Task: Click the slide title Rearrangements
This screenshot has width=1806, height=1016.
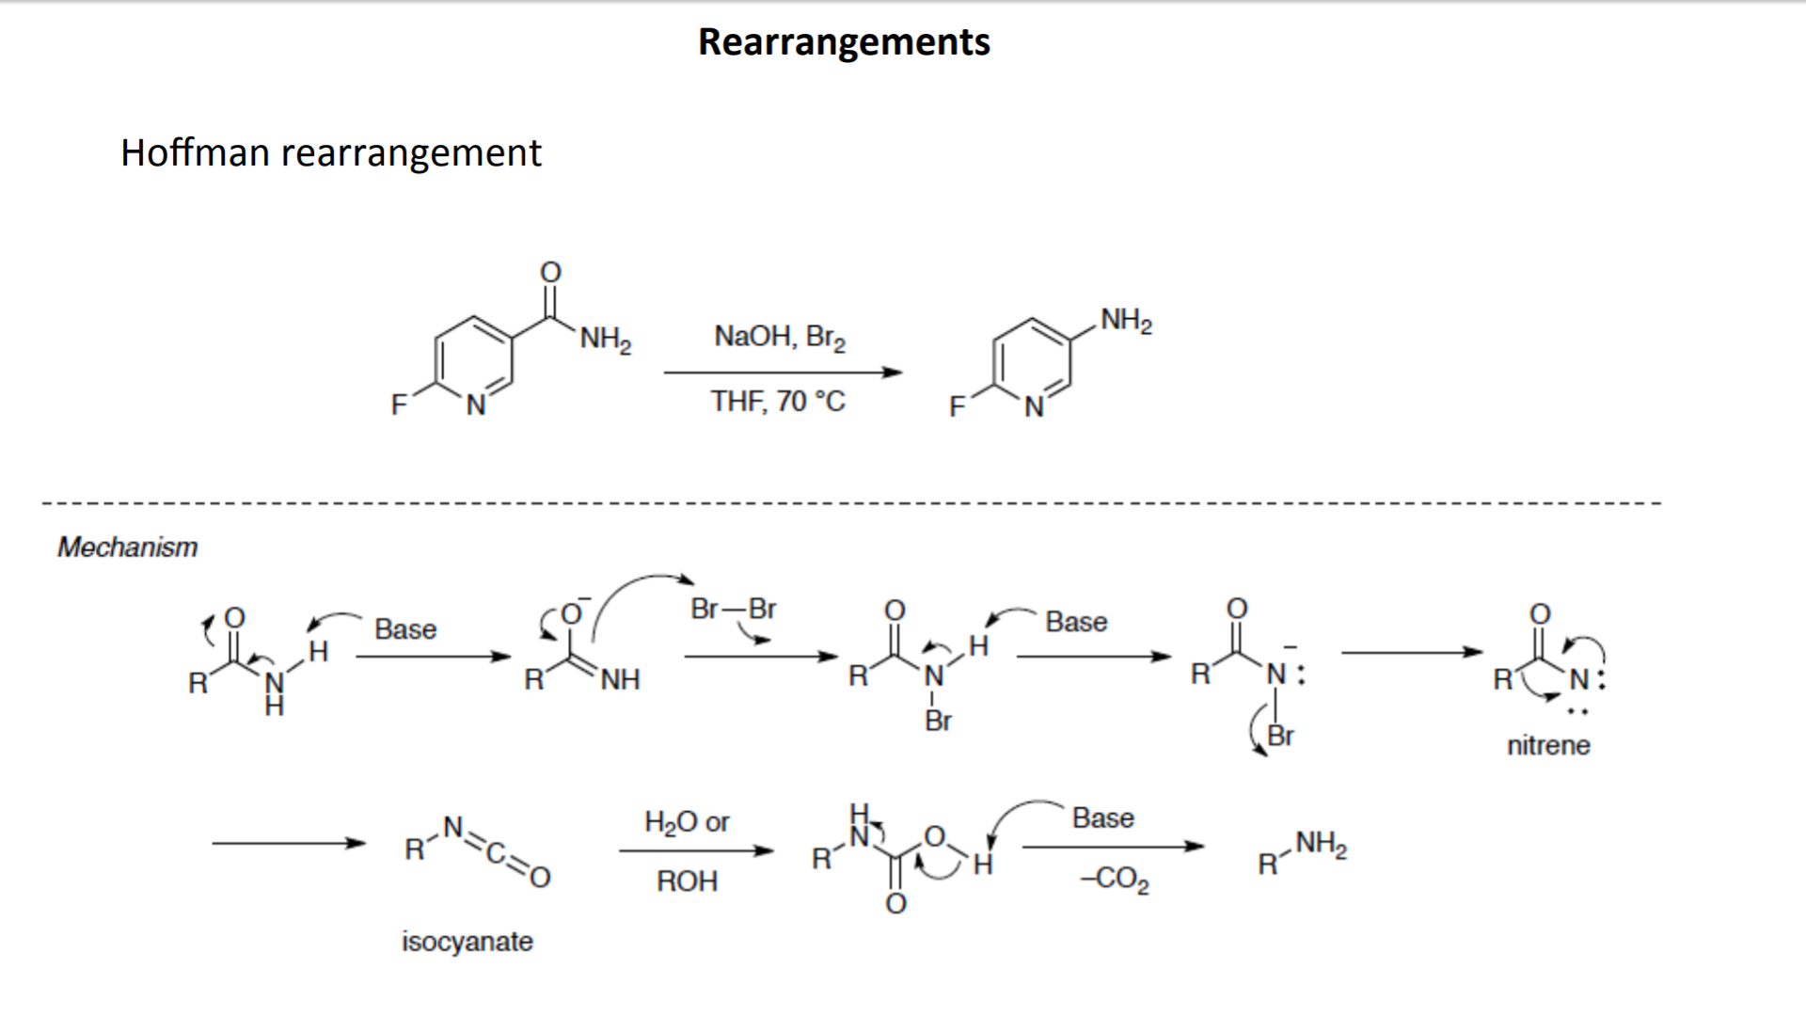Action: pyautogui.click(x=844, y=42)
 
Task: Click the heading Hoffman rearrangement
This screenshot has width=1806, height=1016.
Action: pyautogui.click(x=330, y=152)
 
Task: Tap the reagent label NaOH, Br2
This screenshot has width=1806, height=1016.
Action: pyautogui.click(x=779, y=337)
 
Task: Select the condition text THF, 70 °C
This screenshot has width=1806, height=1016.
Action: pyautogui.click(x=778, y=402)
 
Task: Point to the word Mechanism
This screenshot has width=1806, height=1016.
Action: pyautogui.click(x=127, y=547)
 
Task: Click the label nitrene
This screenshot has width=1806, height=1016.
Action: pyautogui.click(x=1548, y=745)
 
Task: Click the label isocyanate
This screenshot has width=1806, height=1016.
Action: pyautogui.click(x=467, y=941)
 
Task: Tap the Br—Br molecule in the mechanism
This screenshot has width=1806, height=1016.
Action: pyautogui.click(x=733, y=609)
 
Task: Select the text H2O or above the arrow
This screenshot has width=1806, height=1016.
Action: pyautogui.click(x=687, y=822)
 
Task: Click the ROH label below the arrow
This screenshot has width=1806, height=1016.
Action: pyautogui.click(x=687, y=881)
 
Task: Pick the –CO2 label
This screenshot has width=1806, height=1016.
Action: pyautogui.click(x=1115, y=880)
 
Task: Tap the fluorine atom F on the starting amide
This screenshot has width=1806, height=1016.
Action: pyautogui.click(x=399, y=405)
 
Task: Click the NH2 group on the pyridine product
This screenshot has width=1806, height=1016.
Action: pyautogui.click(x=1126, y=321)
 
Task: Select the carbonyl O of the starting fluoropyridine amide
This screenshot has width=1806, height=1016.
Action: pyautogui.click(x=550, y=272)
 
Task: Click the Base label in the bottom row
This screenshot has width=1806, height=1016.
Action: pyautogui.click(x=1102, y=818)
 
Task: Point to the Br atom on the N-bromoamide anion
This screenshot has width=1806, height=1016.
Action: pyautogui.click(x=1280, y=735)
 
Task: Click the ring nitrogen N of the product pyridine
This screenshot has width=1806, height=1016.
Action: pyautogui.click(x=1034, y=407)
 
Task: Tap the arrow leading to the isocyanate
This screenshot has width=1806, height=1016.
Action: pyautogui.click(x=288, y=844)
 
